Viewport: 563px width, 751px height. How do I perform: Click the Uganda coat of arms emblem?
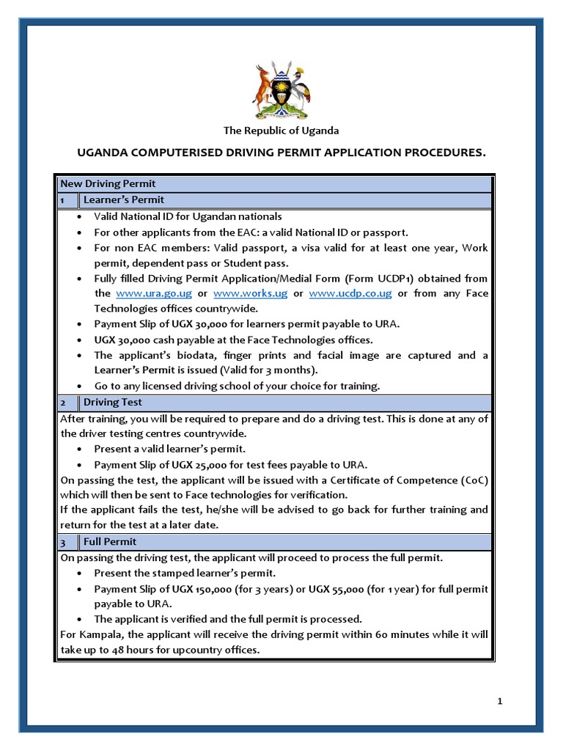click(281, 90)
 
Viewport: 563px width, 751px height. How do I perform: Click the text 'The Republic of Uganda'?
click(281, 131)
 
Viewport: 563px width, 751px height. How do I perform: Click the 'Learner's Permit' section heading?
click(123, 199)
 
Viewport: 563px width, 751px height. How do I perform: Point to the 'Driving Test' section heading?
click(113, 402)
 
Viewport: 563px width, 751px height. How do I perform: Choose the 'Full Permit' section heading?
click(109, 541)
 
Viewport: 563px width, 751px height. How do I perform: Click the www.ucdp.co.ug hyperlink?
click(350, 293)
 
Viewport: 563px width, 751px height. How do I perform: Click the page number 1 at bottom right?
click(500, 701)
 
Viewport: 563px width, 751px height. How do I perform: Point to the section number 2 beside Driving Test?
click(63, 402)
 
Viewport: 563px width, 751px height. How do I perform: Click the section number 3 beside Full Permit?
click(63, 541)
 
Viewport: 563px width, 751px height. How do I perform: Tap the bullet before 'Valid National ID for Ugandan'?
click(79, 217)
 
